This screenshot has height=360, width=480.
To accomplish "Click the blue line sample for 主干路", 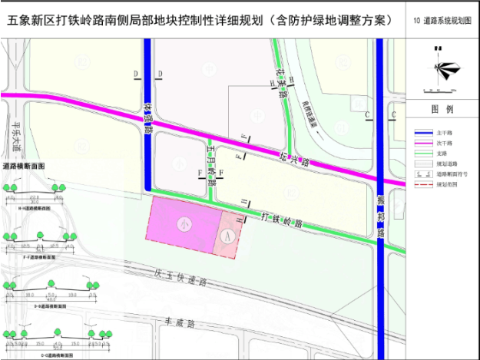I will [422, 132].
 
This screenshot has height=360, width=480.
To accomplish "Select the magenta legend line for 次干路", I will [422, 143].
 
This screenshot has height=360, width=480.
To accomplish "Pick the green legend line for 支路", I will [422, 153].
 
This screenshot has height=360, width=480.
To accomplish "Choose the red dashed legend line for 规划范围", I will [422, 184].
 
